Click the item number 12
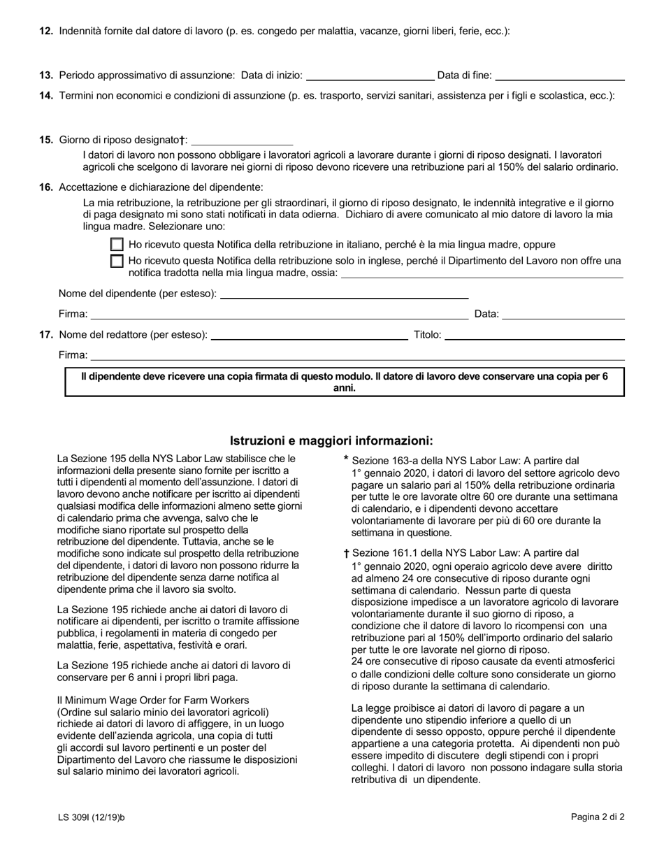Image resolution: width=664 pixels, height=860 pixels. [46, 31]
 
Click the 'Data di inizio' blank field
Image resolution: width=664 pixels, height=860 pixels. [370, 75]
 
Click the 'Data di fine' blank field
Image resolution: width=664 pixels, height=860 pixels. [559, 75]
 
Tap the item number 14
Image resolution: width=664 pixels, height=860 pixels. [46, 96]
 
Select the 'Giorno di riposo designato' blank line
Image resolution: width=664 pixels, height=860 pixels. [242, 140]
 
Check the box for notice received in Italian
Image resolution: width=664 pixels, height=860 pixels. [117, 245]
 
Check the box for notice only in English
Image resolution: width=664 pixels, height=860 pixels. [117, 261]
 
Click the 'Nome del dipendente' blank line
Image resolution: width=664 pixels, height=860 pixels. [344, 293]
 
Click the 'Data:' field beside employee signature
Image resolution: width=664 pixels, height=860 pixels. [563, 314]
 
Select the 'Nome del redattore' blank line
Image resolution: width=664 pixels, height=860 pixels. [309, 335]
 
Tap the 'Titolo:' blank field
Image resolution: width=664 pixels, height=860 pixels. [534, 335]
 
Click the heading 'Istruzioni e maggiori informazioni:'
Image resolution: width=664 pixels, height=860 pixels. [331, 440]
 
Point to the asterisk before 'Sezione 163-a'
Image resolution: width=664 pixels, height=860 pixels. [346, 460]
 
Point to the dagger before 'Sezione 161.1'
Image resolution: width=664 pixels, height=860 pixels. [346, 554]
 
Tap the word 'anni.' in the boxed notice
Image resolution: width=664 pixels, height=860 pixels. [345, 388]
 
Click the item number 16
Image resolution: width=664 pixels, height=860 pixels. [46, 187]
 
